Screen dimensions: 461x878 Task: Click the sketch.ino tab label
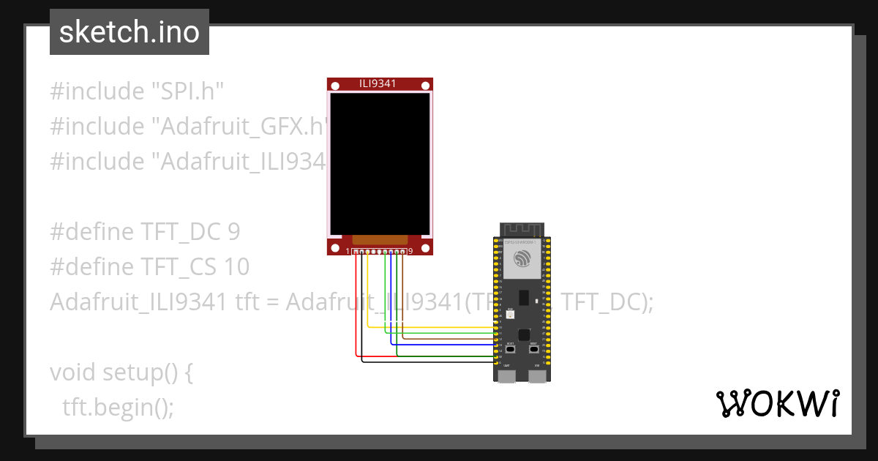130,32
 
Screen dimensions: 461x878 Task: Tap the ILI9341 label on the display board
378,83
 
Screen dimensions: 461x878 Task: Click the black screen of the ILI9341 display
378,162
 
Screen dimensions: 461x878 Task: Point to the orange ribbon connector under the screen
379,239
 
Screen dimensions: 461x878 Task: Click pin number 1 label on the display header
348,252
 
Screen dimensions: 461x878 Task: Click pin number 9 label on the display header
410,252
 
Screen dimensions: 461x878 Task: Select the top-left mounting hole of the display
334,86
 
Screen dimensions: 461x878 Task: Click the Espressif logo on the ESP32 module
522,259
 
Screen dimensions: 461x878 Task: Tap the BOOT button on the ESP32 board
510,349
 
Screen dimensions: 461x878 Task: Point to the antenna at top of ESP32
522,230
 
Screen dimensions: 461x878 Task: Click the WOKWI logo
776,404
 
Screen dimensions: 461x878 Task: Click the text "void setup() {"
121,372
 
